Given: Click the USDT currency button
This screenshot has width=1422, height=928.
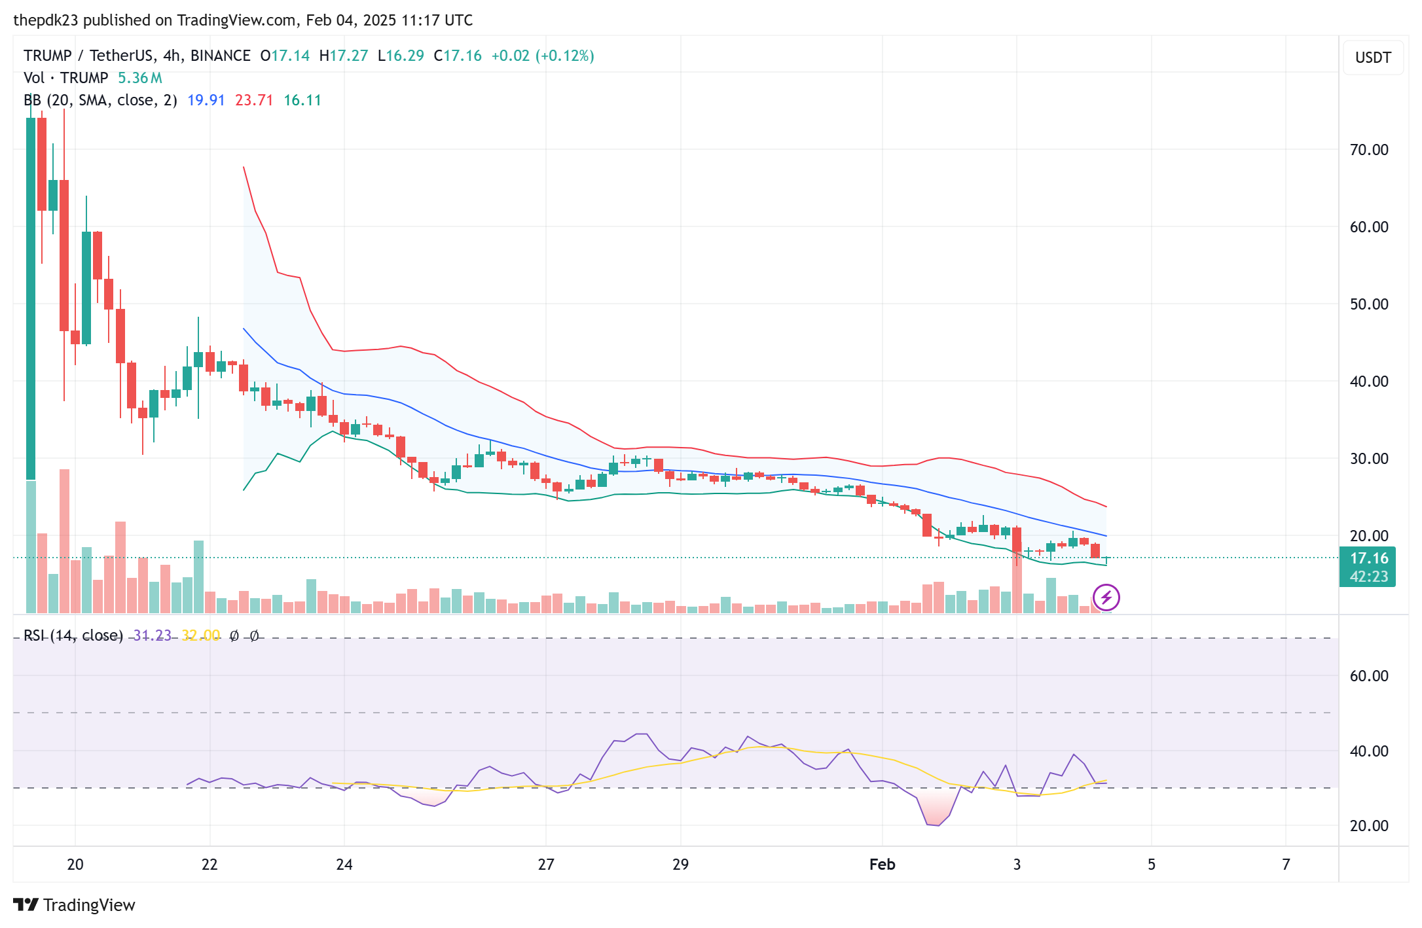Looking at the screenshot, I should [x=1372, y=58].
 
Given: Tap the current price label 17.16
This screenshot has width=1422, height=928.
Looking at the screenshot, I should [x=1368, y=558].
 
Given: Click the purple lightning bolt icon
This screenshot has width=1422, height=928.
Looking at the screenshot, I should [x=1106, y=598].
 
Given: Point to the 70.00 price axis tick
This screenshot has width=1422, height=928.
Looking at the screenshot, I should [x=1368, y=150].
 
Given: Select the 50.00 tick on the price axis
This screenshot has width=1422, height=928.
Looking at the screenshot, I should [x=1368, y=304].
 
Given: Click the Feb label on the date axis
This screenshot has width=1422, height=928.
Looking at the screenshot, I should [x=882, y=865].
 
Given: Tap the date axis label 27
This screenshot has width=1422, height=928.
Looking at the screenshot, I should [x=546, y=865].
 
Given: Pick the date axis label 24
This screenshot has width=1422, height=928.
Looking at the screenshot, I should [x=344, y=865].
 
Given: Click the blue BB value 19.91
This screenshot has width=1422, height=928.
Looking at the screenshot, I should [x=206, y=100].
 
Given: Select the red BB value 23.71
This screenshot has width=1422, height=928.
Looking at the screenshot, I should [x=253, y=100].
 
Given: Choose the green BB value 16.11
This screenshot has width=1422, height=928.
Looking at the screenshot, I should [x=302, y=100].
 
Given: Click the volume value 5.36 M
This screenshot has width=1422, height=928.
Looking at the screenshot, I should [x=139, y=78].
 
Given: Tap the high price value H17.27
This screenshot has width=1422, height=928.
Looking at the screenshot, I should [x=344, y=56].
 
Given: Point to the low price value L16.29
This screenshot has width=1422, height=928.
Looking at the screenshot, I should [x=401, y=56].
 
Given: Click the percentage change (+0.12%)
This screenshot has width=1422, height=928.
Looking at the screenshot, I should [x=564, y=56].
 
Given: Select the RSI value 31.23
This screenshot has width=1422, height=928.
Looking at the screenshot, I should [x=152, y=635].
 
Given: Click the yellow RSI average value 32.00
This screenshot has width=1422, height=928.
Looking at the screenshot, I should [x=200, y=635].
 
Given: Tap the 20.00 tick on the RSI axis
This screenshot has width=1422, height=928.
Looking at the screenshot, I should [x=1368, y=826].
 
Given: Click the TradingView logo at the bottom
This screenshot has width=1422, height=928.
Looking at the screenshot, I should [x=74, y=905].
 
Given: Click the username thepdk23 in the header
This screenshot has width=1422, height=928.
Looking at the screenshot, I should [x=45, y=20].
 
